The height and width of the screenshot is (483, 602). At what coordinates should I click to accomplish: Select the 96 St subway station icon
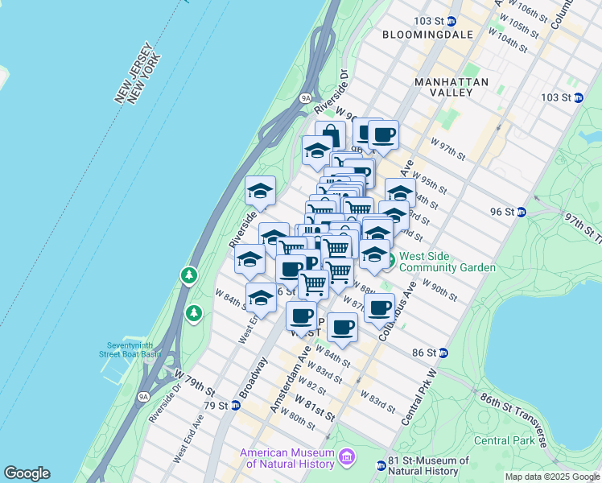522,212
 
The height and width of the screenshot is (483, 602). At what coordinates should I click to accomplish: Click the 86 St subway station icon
443,353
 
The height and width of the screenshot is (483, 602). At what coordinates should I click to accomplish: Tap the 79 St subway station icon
236,405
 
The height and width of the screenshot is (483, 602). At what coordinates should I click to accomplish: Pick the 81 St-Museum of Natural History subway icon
381,465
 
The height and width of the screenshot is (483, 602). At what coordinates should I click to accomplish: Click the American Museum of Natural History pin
347,457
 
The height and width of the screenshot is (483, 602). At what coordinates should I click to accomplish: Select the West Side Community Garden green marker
387,261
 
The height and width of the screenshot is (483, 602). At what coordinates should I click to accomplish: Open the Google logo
27,473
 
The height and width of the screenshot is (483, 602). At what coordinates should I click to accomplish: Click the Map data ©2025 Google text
551,477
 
